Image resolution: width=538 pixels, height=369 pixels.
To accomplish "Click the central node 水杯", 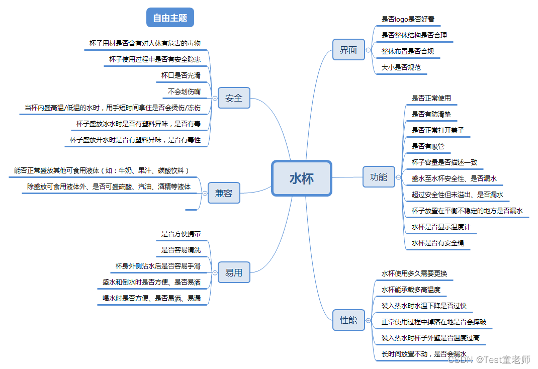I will [x=302, y=178].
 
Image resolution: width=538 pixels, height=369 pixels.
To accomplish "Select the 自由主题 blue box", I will [x=170, y=18].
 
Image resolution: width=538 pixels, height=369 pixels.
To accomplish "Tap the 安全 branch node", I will [x=234, y=98].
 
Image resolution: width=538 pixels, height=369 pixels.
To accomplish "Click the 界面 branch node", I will [x=348, y=50].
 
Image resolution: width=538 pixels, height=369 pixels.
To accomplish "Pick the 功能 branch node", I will [x=379, y=177].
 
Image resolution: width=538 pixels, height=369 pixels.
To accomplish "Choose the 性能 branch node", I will [x=348, y=320].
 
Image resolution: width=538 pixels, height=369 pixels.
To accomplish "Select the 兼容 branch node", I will [x=224, y=193].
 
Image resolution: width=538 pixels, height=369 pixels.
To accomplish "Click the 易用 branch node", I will [x=234, y=272].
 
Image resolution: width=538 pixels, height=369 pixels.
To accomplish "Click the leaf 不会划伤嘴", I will [x=184, y=91].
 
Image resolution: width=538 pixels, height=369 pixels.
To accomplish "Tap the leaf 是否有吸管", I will [x=428, y=146].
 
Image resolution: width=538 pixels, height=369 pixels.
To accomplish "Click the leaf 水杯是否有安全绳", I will [x=437, y=243].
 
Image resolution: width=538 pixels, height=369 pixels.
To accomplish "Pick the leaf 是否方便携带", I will [x=181, y=234].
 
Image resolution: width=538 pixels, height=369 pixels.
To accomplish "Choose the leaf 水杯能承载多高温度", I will [x=411, y=290].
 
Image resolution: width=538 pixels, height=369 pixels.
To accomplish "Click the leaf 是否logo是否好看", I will [x=407, y=19].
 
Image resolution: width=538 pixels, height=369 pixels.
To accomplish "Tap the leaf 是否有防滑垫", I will [x=431, y=114].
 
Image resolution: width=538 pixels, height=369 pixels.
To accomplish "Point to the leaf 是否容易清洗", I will [x=181, y=250].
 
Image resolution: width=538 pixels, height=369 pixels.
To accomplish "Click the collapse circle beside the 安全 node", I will [x=215, y=98].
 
